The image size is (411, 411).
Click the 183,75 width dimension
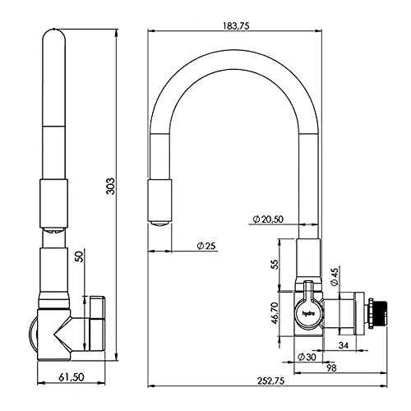[x=236, y=25]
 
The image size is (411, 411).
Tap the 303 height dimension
[x=111, y=186]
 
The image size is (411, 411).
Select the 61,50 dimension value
[x=72, y=377]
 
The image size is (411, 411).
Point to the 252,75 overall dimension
[x=270, y=381]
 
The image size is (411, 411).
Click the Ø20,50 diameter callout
[x=268, y=219]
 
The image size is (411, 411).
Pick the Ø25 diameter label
[x=206, y=246]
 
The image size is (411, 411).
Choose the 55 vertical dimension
[x=274, y=264]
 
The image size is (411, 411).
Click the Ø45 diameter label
[x=335, y=277]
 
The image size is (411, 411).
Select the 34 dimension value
[x=344, y=345]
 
